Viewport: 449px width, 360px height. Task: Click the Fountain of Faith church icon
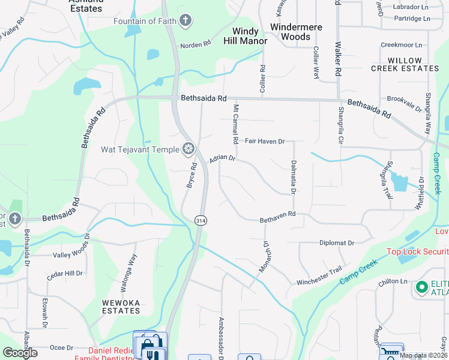pyautogui.click(x=185, y=22)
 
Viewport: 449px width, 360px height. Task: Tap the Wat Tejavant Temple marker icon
pyautogui.click(x=188, y=149)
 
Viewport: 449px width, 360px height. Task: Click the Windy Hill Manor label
pyautogui.click(x=246, y=36)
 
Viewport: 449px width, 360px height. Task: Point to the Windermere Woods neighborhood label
pyautogui.click(x=297, y=32)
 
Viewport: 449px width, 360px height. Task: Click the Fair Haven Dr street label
pyautogui.click(x=264, y=141)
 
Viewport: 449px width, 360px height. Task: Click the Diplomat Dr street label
pyautogui.click(x=335, y=243)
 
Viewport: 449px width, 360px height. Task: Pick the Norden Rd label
pyautogui.click(x=196, y=44)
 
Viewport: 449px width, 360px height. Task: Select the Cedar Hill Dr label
pyautogui.click(x=65, y=274)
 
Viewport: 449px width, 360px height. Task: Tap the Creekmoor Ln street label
pyautogui.click(x=402, y=45)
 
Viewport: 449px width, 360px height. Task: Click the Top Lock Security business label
pyautogui.click(x=417, y=252)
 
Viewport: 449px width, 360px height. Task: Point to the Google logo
pyautogui.click(x=20, y=353)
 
